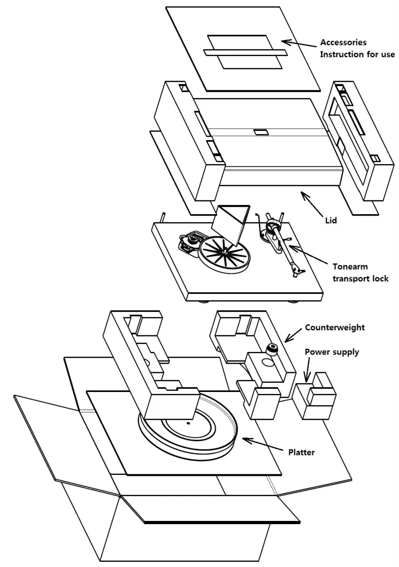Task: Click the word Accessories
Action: (343, 42)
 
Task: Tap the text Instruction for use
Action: (357, 54)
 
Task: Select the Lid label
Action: (330, 220)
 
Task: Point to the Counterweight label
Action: (334, 327)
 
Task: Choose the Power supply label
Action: (332, 352)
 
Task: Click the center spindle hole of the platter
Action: (188, 422)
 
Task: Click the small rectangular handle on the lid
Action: (260, 132)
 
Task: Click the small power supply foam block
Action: (316, 397)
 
